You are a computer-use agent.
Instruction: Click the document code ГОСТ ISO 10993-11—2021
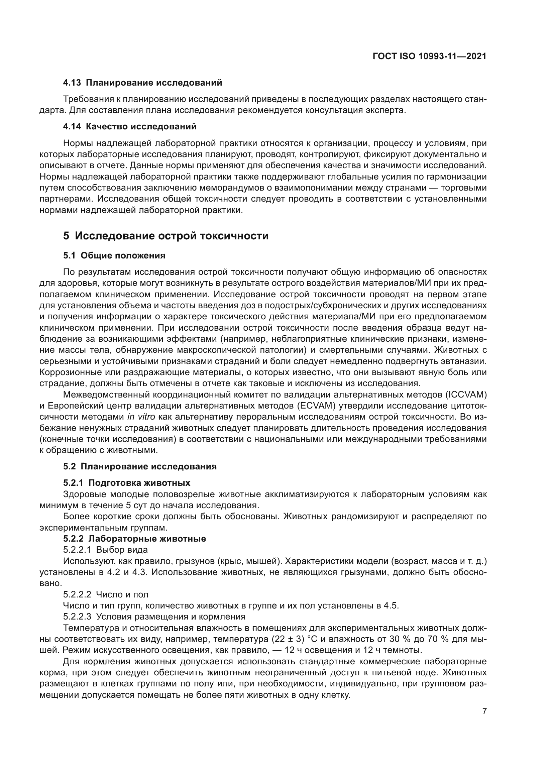click(x=429, y=57)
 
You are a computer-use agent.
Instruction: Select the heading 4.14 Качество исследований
click(x=130, y=127)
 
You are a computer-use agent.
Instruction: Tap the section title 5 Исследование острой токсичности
click(x=166, y=236)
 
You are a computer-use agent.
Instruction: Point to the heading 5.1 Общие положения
click(x=114, y=256)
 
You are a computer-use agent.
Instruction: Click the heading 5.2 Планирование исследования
click(x=140, y=466)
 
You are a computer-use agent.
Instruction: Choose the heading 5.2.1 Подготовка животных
click(x=127, y=483)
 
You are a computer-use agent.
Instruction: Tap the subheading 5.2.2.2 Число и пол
click(x=106, y=594)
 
